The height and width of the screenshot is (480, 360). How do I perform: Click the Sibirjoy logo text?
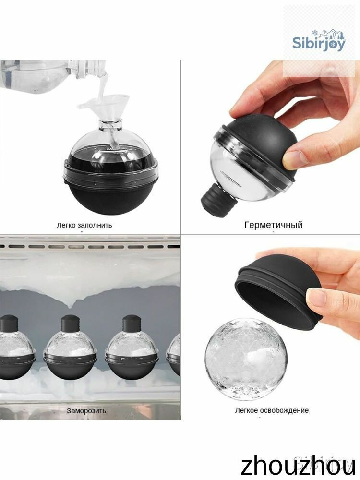coord(319,44)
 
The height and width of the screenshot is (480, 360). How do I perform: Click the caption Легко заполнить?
coord(84,225)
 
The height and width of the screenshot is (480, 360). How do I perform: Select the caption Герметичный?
coord(274,225)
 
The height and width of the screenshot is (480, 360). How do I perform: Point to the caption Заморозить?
coord(86,410)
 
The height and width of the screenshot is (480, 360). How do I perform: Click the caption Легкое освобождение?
coord(272,410)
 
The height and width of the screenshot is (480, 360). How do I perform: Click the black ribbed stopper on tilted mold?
coord(218,200)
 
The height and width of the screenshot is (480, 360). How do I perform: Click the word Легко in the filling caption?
coord(66,225)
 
